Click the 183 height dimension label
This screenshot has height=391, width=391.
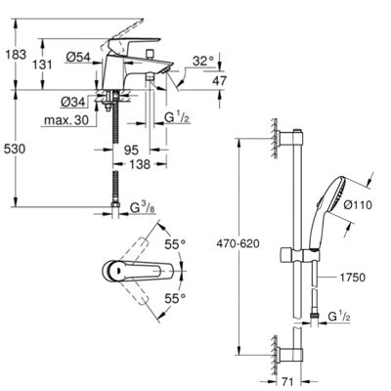[x=16, y=54]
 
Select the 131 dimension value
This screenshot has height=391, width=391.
[x=42, y=65]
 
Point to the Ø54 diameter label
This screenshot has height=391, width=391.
[x=78, y=57]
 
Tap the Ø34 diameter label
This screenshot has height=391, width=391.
[x=73, y=102]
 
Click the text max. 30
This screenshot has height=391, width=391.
[x=66, y=120]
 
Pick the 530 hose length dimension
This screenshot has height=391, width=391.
[x=15, y=149]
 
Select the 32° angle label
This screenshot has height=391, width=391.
[x=203, y=61]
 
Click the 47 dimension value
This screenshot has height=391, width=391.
[x=219, y=80]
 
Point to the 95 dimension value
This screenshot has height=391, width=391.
[x=132, y=151]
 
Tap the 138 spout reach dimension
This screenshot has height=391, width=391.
[x=141, y=164]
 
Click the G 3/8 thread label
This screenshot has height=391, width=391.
[x=143, y=207]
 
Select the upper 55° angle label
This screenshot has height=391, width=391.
[x=175, y=244]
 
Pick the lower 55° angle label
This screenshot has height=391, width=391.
[x=175, y=298]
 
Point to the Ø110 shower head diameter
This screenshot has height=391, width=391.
[x=358, y=205]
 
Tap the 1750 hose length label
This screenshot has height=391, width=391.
[x=353, y=278]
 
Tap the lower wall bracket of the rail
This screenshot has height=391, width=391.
[x=291, y=355]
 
